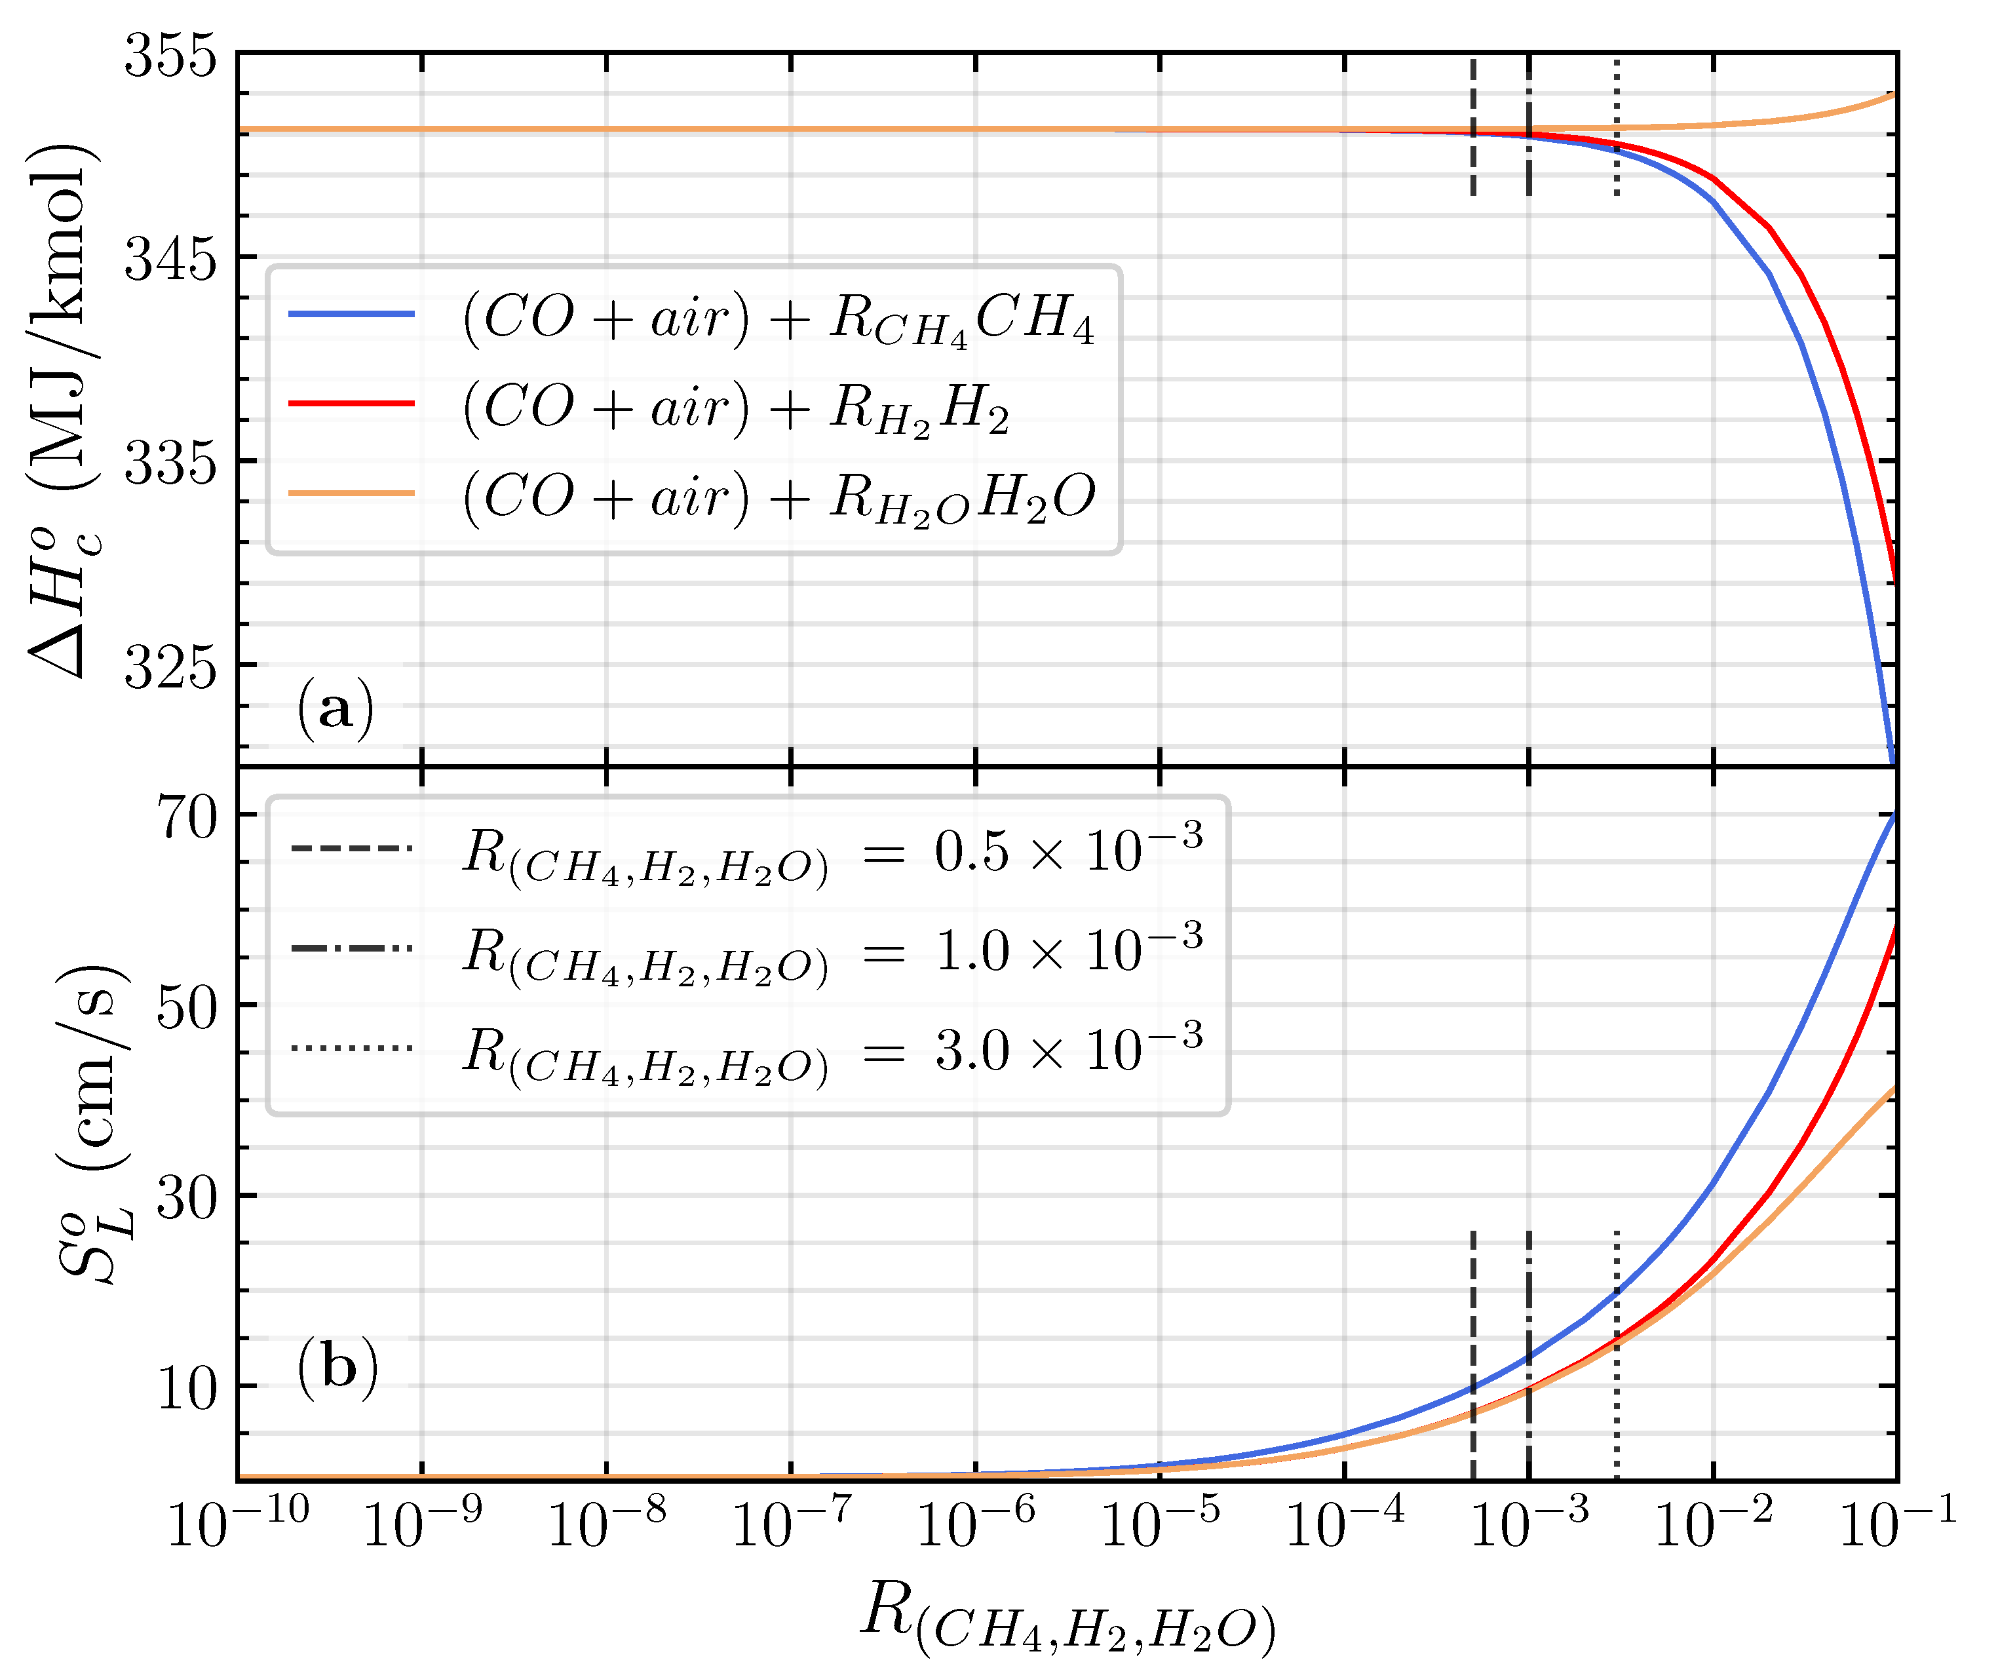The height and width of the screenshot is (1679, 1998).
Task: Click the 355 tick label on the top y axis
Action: tap(171, 55)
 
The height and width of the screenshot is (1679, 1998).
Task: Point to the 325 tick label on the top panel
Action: tap(171, 667)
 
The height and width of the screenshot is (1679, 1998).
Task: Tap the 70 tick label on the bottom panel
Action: tap(187, 817)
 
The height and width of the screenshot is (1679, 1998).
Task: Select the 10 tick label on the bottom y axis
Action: tap(187, 1389)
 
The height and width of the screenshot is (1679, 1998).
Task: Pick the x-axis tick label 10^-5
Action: tap(1159, 1523)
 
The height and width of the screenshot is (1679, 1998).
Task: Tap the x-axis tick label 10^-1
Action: tap(1896, 1523)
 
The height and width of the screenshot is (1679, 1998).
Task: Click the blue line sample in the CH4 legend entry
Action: tap(351, 314)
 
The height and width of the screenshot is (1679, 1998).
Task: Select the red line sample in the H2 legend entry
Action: tap(351, 404)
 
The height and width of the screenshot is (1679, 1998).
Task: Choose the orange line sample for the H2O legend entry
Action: tap(351, 493)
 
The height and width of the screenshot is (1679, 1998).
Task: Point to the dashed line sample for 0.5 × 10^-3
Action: tap(351, 848)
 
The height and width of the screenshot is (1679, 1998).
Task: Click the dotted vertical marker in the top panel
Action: tap(1617, 128)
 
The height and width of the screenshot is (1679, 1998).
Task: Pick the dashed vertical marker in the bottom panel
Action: tap(1472, 1351)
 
